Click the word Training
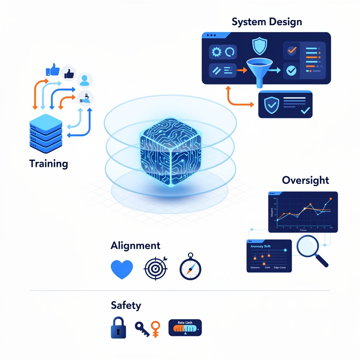point(49,163)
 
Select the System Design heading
point(266,22)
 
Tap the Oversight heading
point(305,180)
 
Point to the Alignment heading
point(135,245)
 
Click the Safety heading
point(126,305)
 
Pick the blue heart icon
point(122,269)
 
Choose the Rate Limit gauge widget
point(185,328)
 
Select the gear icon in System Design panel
point(216,52)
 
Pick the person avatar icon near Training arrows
point(84,80)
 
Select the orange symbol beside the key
point(156,329)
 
